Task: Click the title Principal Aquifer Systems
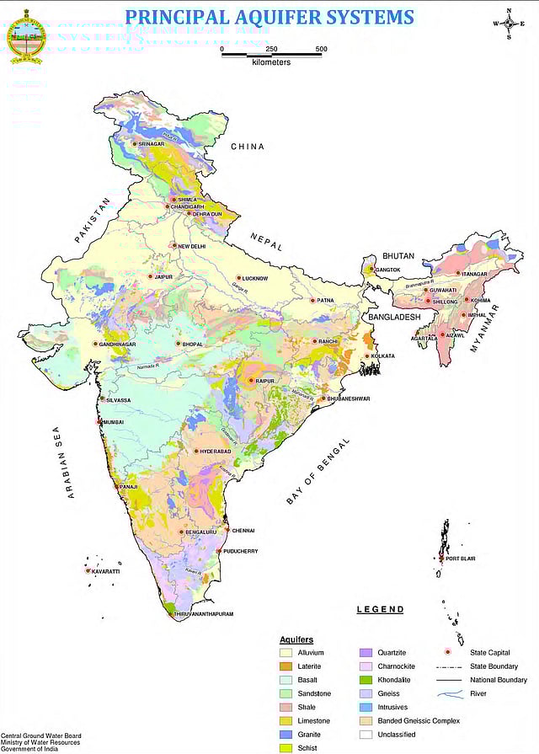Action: (x=269, y=17)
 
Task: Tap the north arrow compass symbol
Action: (x=510, y=24)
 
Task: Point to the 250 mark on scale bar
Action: (x=272, y=49)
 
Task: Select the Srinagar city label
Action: (x=150, y=144)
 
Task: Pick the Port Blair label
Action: (x=462, y=559)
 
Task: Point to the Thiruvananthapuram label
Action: (x=207, y=614)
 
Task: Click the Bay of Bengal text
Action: (x=318, y=472)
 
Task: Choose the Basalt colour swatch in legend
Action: (x=286, y=680)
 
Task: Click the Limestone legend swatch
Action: (x=286, y=721)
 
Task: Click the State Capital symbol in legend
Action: (x=448, y=653)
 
